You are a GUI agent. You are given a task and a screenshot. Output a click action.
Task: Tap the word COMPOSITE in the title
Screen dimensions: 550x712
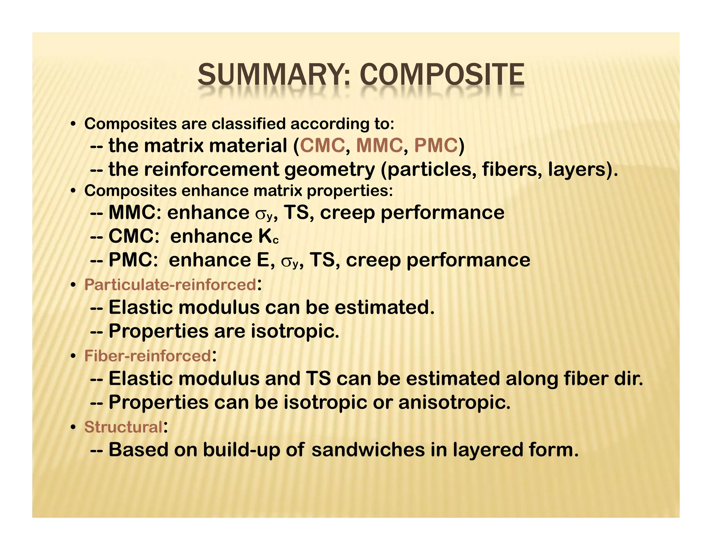[442, 75]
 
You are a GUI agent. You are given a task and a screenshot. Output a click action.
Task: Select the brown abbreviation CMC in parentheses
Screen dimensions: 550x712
[322, 145]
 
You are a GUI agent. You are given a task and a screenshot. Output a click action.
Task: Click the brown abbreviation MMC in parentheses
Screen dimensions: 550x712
[379, 145]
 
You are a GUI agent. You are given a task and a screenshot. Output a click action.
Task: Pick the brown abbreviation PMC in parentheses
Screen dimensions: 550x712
[436, 145]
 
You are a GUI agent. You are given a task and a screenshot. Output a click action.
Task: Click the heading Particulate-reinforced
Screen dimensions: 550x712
[170, 285]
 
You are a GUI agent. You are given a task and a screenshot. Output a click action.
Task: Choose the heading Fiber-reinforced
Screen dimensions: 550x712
[147, 356]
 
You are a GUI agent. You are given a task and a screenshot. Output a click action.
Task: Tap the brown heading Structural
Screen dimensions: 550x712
[123, 427]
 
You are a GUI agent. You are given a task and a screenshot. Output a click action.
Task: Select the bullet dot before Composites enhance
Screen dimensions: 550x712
[73, 191]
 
